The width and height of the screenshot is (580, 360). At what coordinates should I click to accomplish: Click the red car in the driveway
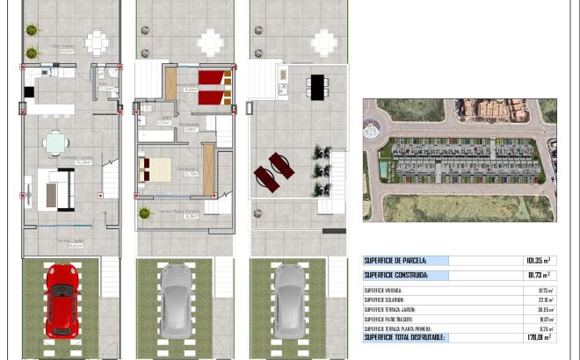(62, 293)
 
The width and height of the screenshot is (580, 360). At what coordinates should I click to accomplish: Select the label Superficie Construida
(396, 275)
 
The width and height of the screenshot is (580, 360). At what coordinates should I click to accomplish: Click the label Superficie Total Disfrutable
(404, 337)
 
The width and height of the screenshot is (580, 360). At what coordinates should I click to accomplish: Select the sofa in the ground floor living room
(59, 190)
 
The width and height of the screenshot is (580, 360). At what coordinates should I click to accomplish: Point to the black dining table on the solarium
(316, 85)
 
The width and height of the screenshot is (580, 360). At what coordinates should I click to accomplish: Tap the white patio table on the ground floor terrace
(97, 40)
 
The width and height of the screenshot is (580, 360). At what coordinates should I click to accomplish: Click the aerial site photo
(459, 159)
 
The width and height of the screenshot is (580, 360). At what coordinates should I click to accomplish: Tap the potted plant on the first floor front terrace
(144, 213)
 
